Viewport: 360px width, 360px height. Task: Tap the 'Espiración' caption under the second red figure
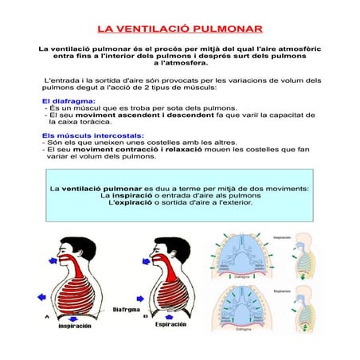pos(171,325)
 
